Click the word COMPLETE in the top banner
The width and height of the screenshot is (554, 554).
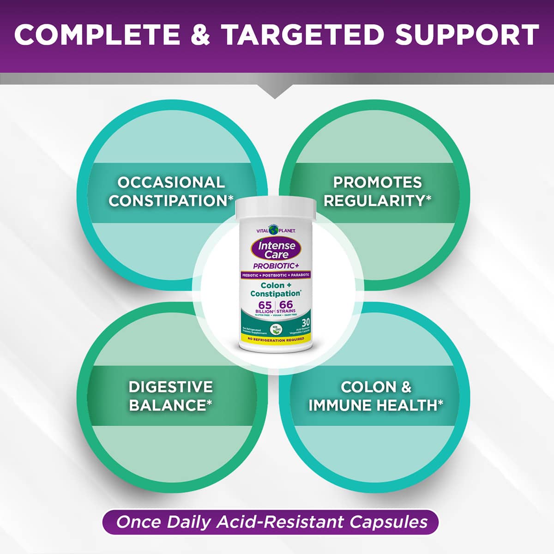pos(97,35)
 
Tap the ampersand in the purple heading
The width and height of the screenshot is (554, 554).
pos(200,35)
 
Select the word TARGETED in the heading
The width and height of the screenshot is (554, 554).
pos(302,35)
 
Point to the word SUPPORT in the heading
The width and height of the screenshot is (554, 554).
pos(467,35)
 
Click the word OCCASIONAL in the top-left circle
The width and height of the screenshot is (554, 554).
pos(171,182)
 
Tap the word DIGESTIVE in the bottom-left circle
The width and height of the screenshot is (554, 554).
pos(171,387)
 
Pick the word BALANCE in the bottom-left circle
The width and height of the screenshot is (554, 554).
pos(167,405)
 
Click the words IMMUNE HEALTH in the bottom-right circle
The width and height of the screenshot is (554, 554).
pos(373,405)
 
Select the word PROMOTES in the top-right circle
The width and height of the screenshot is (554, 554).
pos(378,182)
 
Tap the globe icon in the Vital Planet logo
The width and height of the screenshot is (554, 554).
pos(276,229)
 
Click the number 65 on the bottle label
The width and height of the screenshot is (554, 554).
pos(265,305)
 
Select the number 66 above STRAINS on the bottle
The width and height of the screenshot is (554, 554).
pos(286,305)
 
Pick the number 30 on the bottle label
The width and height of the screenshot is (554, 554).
pos(306,322)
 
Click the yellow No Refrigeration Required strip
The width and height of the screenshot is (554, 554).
pos(276,339)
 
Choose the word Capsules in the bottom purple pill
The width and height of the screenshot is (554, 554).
pos(389,522)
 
